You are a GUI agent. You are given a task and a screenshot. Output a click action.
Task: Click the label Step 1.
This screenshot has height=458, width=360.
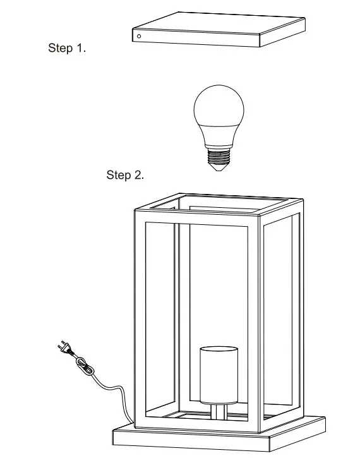tap(66, 49)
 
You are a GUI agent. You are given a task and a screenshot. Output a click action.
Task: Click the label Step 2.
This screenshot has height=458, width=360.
tap(124, 175)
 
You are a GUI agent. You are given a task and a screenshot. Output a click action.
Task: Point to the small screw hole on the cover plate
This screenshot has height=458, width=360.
tap(139, 37)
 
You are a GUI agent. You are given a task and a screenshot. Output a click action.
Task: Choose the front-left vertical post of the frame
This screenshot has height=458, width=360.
tap(139, 322)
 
